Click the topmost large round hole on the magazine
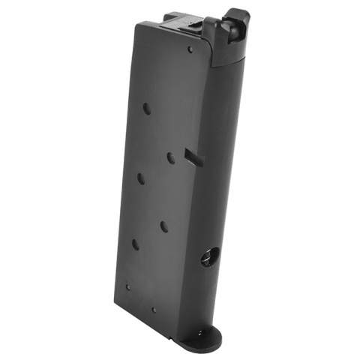click(147, 108)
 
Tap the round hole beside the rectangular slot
click(171, 157)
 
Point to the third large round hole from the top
click(140, 178)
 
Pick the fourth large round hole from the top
click(163, 225)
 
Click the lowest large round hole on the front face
click(136, 244)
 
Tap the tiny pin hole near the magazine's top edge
click(190, 49)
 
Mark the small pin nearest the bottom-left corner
click(127, 286)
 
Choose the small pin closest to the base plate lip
click(154, 309)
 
